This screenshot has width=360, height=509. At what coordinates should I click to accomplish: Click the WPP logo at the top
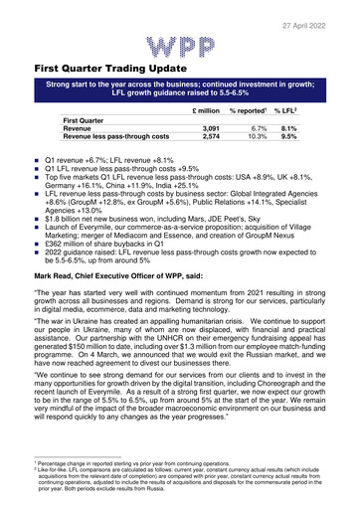point(180,46)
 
